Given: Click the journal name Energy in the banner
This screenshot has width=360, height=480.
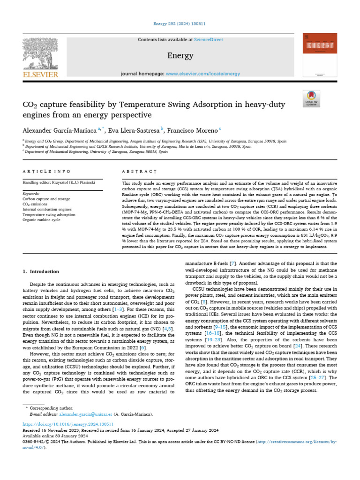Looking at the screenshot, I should [180, 56].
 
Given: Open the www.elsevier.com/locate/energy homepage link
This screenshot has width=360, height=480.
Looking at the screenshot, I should [202, 74].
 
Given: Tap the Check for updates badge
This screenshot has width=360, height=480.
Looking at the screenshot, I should [311, 98].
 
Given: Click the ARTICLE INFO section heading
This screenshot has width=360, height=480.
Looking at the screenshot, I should [47, 172].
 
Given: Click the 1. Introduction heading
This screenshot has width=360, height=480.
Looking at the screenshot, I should [41, 271].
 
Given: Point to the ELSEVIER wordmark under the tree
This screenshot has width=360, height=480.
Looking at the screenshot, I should [40, 74].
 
